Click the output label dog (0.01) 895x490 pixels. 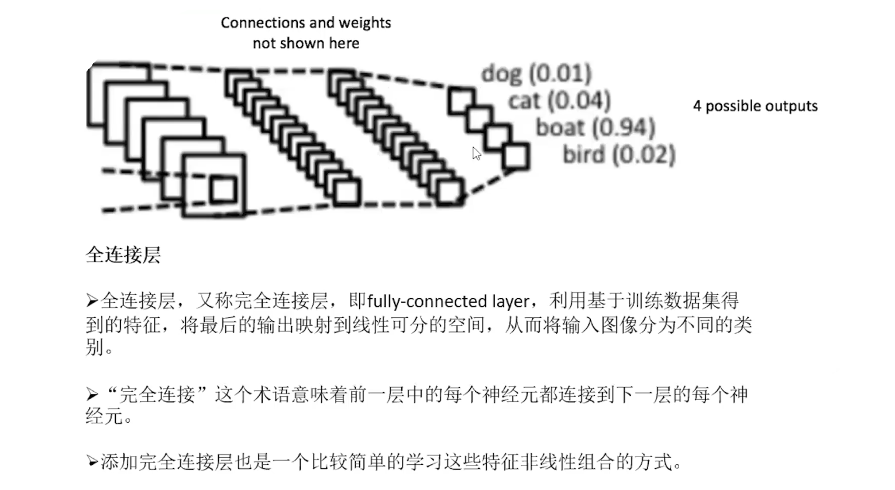tap(536, 74)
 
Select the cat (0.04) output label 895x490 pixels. tap(559, 101)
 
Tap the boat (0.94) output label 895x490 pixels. tap(595, 128)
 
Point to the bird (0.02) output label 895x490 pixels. tap(619, 155)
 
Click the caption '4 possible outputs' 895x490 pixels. tap(755, 106)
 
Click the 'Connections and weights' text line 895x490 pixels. tap(305, 23)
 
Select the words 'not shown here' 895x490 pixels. tap(305, 43)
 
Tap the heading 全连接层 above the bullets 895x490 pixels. tap(123, 255)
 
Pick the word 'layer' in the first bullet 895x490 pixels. tap(510, 301)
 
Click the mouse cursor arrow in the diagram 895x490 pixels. tap(476, 153)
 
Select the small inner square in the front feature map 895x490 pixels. tap(223, 190)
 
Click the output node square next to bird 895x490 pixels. tap(515, 157)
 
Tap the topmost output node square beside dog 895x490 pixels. tap(462, 101)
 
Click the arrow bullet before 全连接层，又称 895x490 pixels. tap(92, 301)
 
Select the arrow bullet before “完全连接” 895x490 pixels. tap(92, 395)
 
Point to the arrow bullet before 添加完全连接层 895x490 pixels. tap(92, 462)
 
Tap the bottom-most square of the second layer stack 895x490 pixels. tap(346, 193)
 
